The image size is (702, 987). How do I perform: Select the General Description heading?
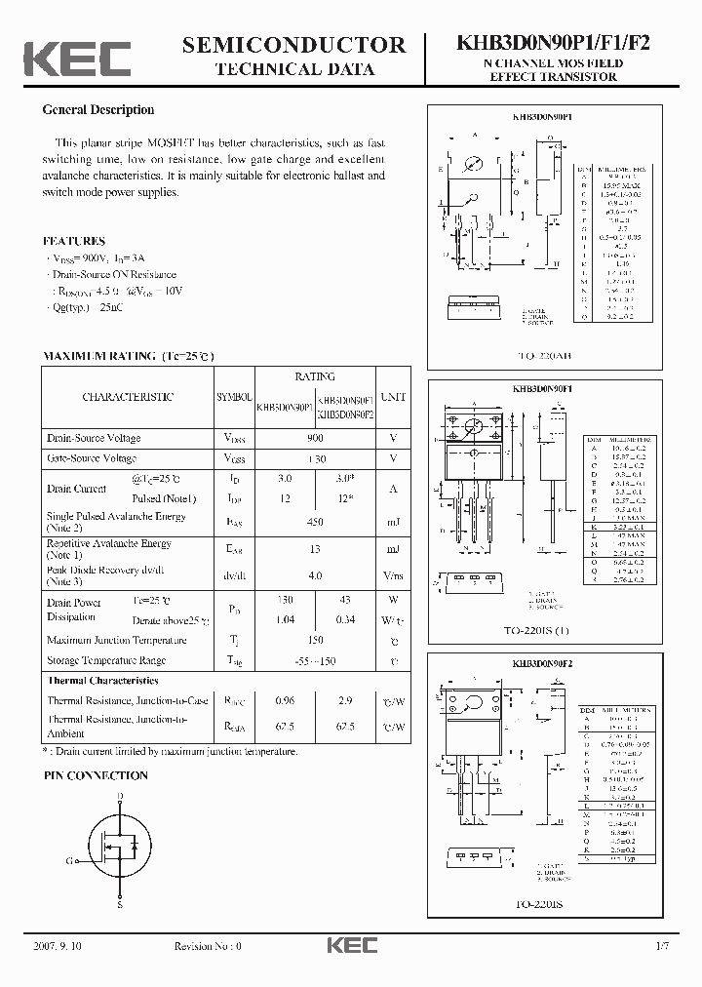(x=98, y=110)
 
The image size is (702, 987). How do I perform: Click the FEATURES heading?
(x=74, y=241)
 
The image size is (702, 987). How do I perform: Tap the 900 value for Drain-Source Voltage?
(x=314, y=438)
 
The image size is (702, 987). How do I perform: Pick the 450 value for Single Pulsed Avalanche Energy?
(x=314, y=522)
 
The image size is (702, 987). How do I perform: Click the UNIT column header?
(x=393, y=398)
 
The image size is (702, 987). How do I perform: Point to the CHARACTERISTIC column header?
(x=128, y=398)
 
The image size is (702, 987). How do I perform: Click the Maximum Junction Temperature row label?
(x=117, y=641)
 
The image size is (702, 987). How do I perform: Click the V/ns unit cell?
(x=393, y=576)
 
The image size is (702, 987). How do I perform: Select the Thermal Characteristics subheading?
(x=102, y=681)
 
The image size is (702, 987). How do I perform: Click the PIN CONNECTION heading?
(x=96, y=776)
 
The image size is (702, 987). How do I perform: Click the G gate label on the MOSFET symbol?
(x=69, y=861)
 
